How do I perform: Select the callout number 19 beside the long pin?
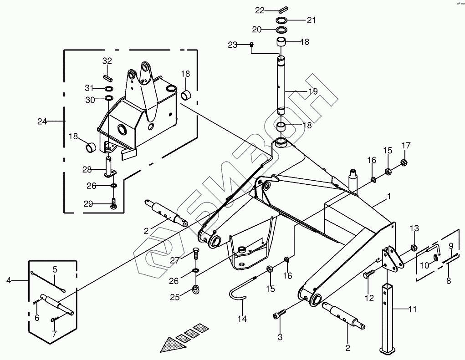(x=313, y=91)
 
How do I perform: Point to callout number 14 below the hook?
(x=242, y=319)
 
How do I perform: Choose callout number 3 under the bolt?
(x=280, y=337)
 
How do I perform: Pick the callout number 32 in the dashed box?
(x=107, y=61)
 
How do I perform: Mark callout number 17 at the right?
(x=406, y=146)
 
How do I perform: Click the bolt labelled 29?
(x=113, y=204)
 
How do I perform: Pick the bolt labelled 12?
(x=368, y=274)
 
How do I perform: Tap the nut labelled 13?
(x=413, y=248)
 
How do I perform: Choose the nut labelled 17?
(x=403, y=162)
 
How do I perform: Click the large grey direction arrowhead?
(x=171, y=344)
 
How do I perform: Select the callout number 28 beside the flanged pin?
(x=87, y=169)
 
